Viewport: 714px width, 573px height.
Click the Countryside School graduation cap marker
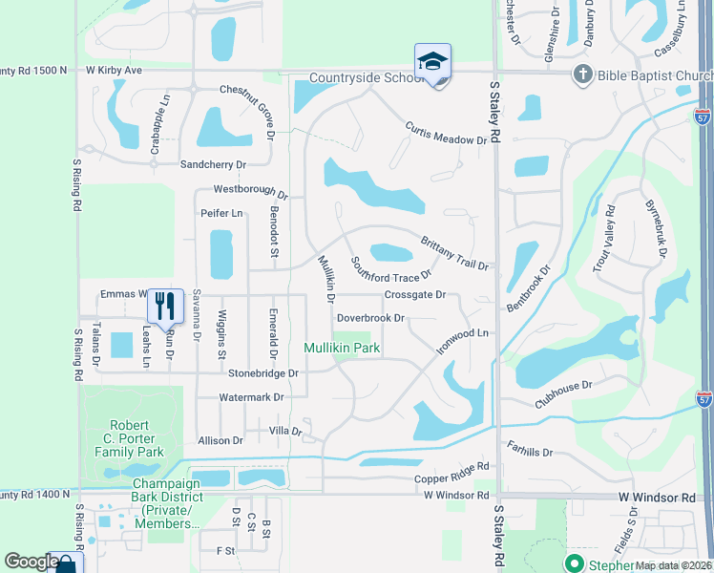tap(432, 62)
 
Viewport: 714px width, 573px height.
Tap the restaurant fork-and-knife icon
tap(165, 306)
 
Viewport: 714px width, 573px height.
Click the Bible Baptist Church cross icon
tap(581, 74)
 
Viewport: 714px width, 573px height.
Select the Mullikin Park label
tap(343, 349)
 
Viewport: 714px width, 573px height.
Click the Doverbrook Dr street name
tap(371, 317)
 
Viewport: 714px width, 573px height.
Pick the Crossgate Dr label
tap(414, 295)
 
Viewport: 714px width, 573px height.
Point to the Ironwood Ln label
tap(462, 340)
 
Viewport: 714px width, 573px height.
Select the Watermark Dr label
tap(245, 396)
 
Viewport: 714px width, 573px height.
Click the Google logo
tap(31, 562)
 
